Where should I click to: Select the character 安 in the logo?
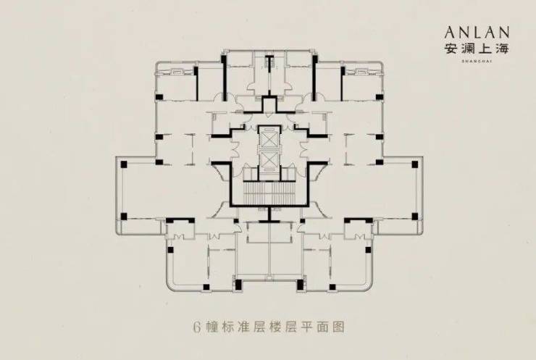click(454, 49)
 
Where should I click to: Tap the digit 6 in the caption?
click(196, 327)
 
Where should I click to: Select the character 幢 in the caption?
click(212, 327)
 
